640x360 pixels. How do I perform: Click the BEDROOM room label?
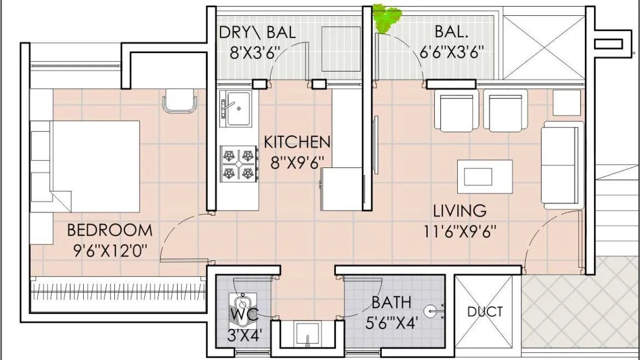pos(109,230)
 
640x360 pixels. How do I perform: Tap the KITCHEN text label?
pos(297,142)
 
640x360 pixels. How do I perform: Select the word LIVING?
pos(459,211)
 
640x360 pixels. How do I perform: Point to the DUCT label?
pos(485,312)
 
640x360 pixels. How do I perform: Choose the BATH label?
pos(391,302)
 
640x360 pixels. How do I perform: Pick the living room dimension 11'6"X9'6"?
pos(459,232)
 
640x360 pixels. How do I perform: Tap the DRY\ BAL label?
pos(257,32)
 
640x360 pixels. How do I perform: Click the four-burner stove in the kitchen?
pos(238,164)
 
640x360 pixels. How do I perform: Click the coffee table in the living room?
pos(485,176)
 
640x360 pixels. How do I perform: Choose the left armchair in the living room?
pos(455,111)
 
